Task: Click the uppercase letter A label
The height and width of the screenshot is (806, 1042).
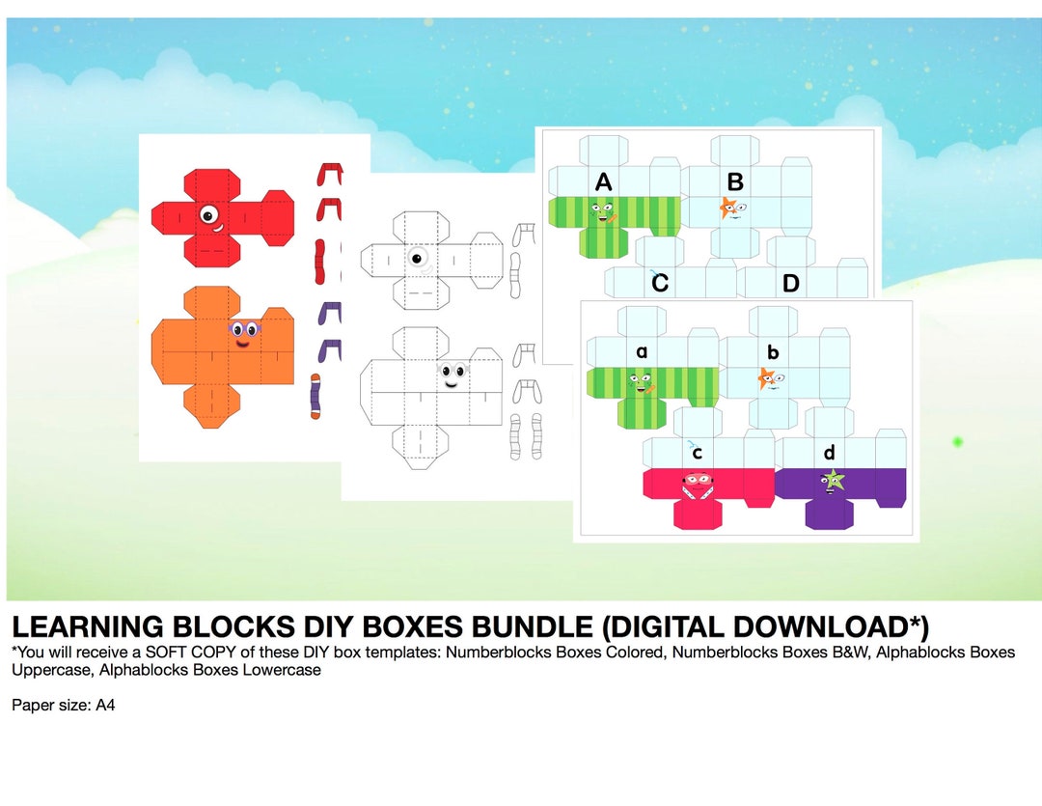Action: click(604, 182)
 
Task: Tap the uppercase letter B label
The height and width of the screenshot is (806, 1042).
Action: click(735, 181)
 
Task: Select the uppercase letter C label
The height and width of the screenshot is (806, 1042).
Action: click(660, 283)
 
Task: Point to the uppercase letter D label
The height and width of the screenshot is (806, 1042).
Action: click(791, 284)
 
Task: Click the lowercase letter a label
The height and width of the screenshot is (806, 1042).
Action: click(642, 352)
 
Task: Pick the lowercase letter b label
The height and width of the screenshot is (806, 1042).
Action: click(773, 352)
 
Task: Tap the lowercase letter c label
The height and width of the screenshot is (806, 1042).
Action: click(697, 453)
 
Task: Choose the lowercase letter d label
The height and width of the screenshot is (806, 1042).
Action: click(829, 453)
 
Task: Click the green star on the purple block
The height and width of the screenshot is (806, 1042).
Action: click(832, 479)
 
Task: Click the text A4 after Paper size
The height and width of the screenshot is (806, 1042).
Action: click(105, 705)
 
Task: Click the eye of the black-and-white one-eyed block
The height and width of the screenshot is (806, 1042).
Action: click(418, 258)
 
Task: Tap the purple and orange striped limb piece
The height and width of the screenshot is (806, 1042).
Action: click(315, 395)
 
